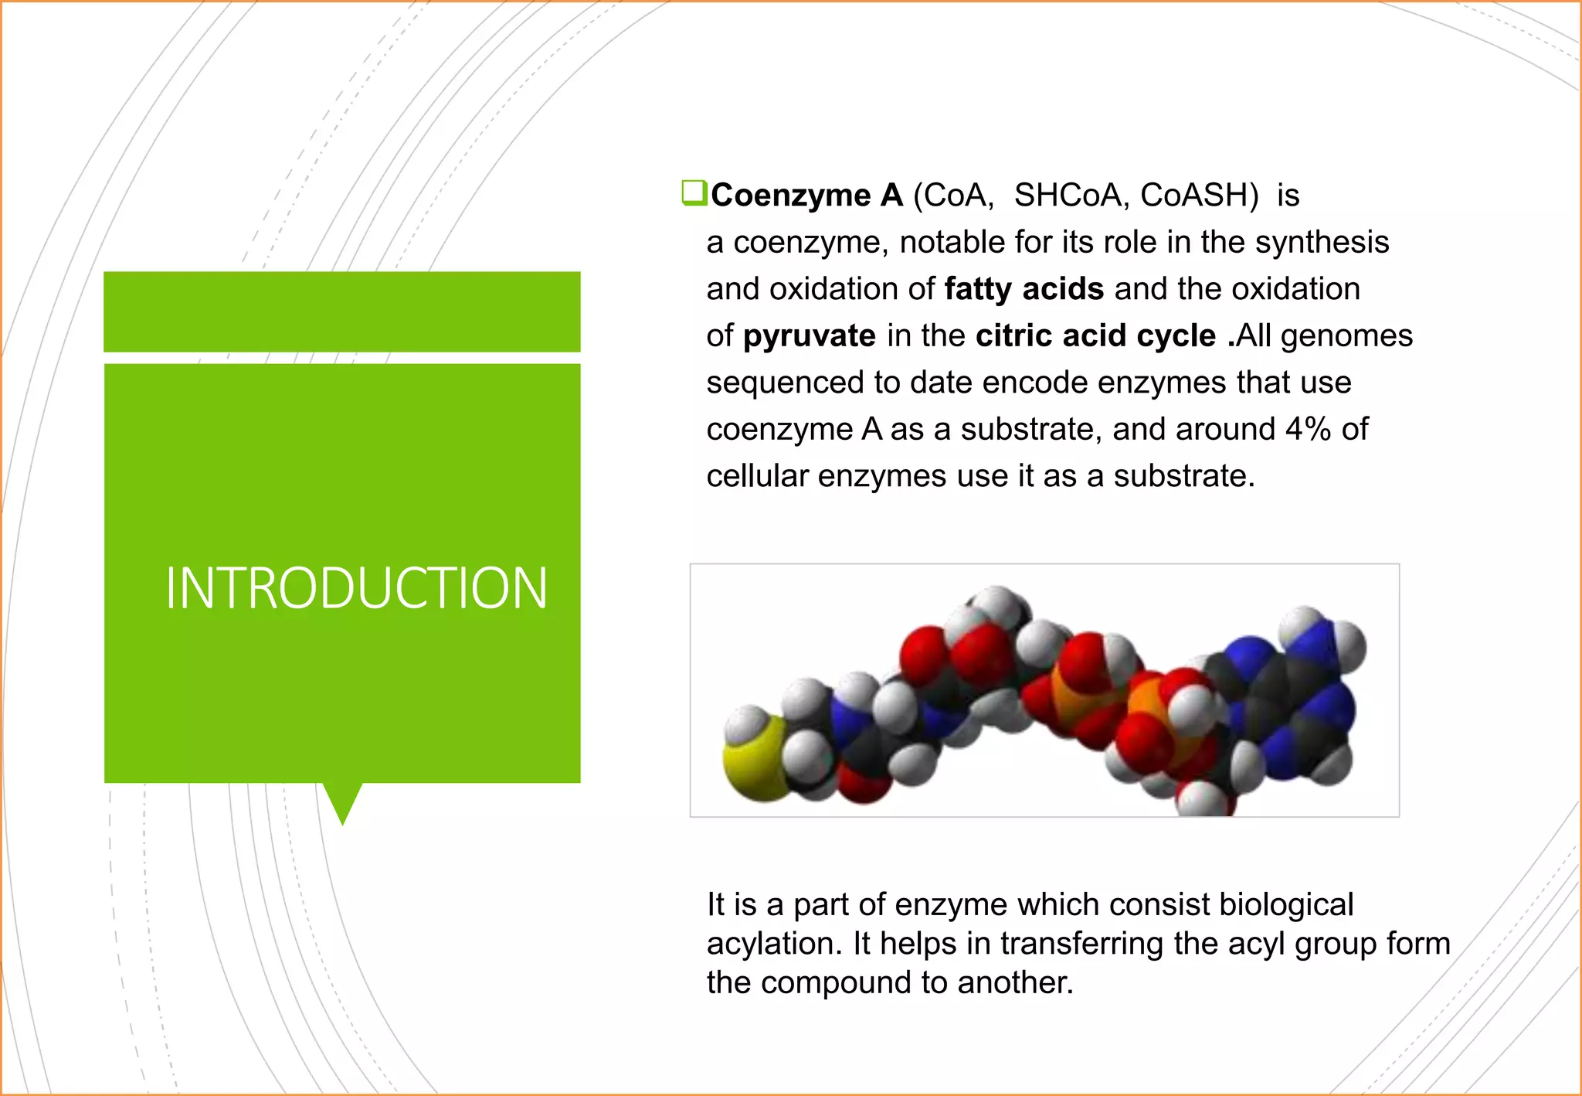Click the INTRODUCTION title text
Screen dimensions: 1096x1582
[x=356, y=588]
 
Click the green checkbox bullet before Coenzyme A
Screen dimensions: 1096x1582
[x=693, y=192]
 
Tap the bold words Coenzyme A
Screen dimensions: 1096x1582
[x=806, y=196]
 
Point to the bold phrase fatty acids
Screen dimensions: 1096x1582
[x=1024, y=289]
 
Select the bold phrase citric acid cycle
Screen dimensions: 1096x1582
[x=1095, y=336]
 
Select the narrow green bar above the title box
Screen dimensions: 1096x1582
[x=342, y=311]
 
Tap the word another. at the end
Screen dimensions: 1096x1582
[x=1015, y=983]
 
